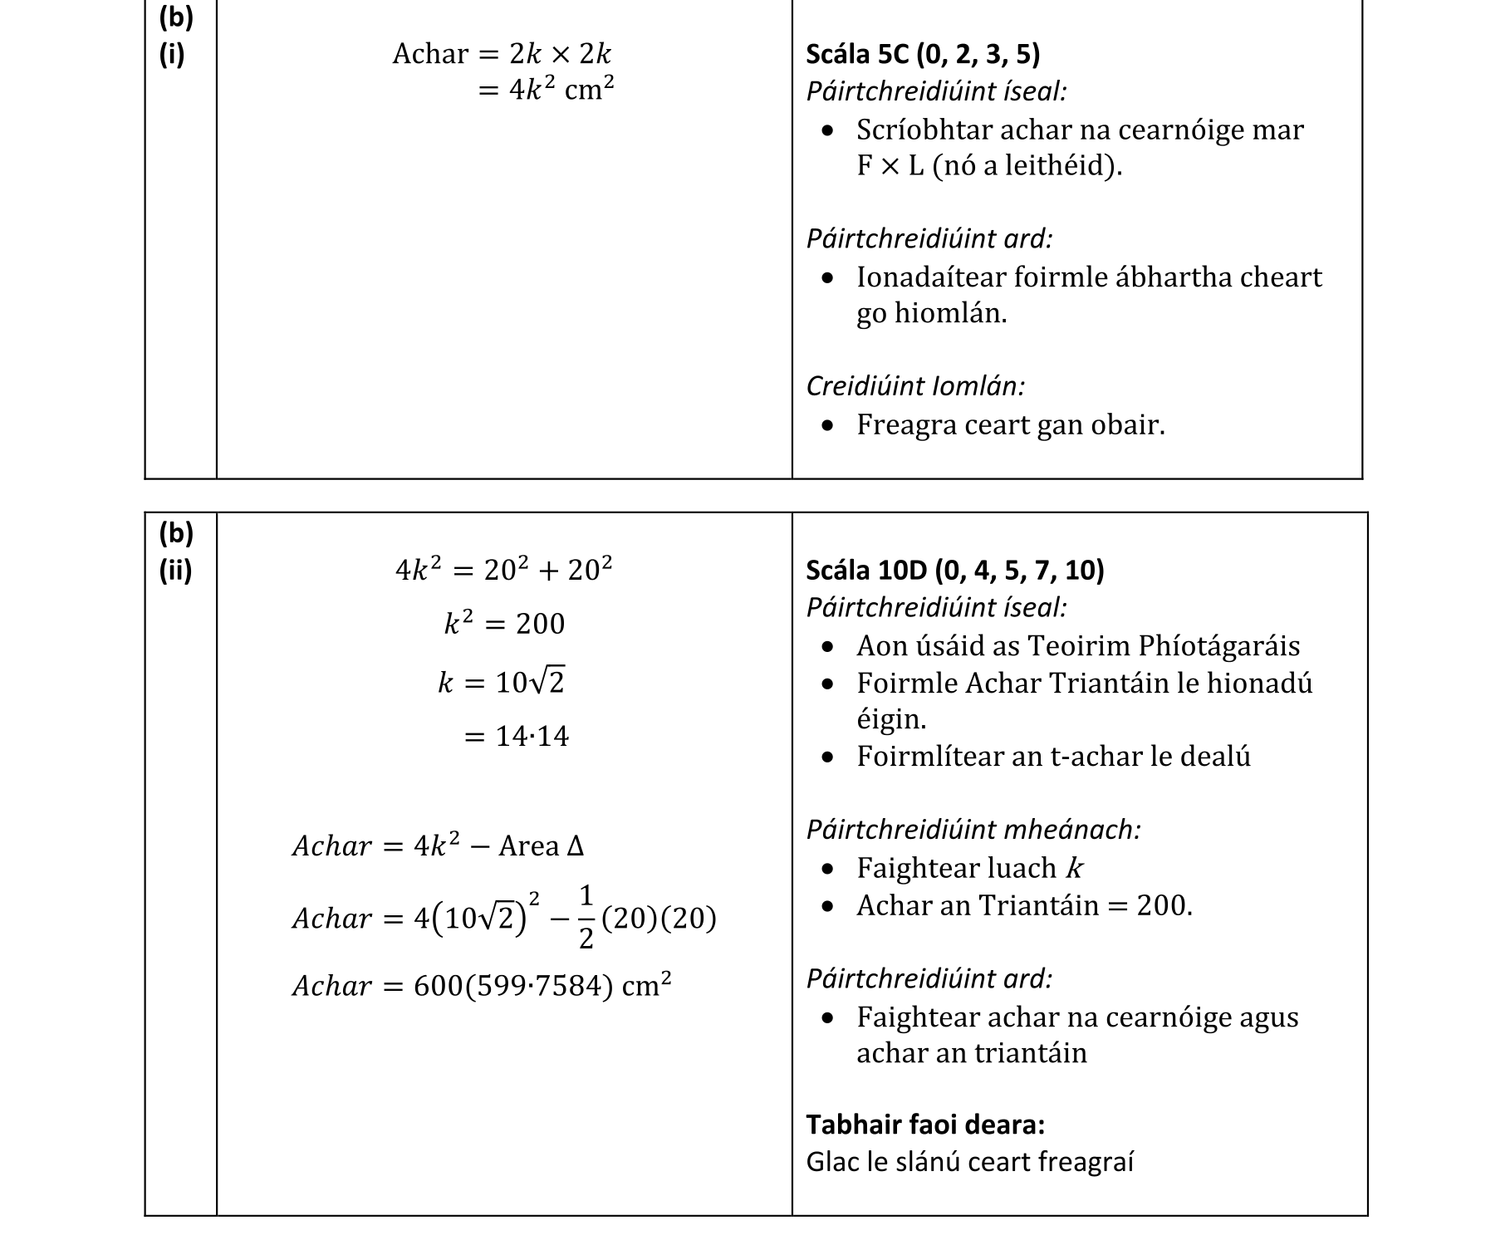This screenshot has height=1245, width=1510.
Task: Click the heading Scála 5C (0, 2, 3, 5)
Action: click(922, 55)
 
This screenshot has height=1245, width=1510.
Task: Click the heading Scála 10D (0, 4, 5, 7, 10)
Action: click(954, 571)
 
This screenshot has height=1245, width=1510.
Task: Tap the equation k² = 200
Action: click(504, 624)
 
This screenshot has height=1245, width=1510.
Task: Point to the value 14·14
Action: click(532, 737)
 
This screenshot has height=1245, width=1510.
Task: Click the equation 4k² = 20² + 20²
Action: click(503, 571)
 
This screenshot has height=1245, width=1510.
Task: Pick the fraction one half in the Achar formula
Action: click(586, 917)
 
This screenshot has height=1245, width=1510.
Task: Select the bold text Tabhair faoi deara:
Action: click(925, 1125)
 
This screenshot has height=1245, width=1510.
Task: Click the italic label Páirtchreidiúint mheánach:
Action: click(973, 830)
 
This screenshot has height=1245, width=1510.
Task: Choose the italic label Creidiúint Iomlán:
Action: click(915, 386)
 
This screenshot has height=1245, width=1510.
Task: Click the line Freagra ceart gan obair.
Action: click(1010, 425)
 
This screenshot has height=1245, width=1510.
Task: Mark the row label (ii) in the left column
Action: click(175, 571)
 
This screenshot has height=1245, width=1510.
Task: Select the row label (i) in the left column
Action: click(171, 55)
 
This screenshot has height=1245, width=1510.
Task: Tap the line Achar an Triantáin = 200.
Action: click(1023, 905)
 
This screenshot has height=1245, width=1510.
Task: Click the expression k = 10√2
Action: click(502, 683)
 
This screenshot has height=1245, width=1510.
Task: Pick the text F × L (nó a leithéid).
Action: click(989, 166)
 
